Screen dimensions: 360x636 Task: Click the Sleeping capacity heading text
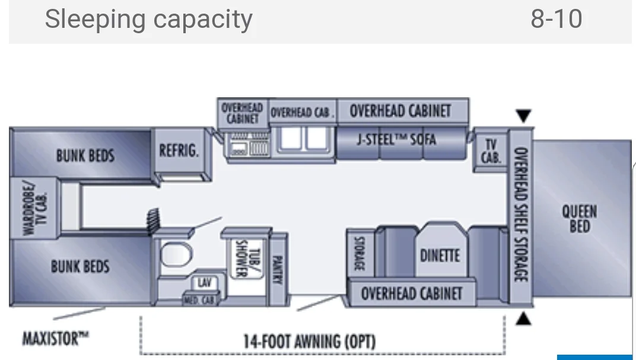pyautogui.click(x=148, y=20)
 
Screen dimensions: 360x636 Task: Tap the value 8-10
pyautogui.click(x=556, y=20)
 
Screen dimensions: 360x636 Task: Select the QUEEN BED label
pyautogui.click(x=580, y=218)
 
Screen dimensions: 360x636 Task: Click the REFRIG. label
pyautogui.click(x=179, y=151)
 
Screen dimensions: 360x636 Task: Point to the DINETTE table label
pyautogui.click(x=440, y=255)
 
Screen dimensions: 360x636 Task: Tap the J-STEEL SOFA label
pyautogui.click(x=396, y=140)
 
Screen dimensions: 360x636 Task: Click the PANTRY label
pyautogui.click(x=276, y=268)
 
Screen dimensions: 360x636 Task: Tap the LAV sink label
pyautogui.click(x=205, y=283)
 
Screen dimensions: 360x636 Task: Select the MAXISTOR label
pyautogui.click(x=56, y=339)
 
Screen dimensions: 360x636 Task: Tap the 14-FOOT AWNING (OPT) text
pyautogui.click(x=309, y=342)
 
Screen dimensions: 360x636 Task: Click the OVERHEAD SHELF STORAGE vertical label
pyautogui.click(x=520, y=215)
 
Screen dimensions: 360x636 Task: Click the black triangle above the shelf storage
pyautogui.click(x=523, y=116)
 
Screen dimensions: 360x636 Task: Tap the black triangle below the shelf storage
pyautogui.click(x=523, y=320)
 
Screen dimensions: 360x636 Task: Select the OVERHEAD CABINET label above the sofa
pyautogui.click(x=400, y=111)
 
